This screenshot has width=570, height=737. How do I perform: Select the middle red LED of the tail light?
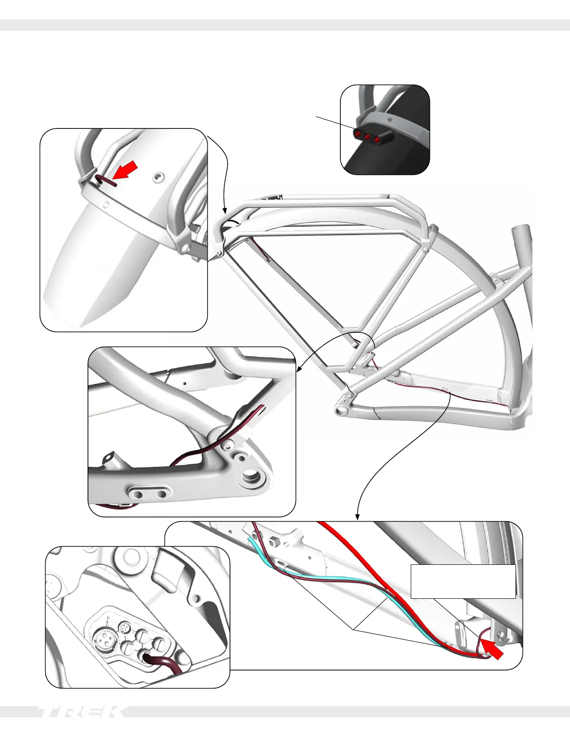coord(367,137)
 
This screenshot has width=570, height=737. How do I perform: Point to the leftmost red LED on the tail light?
coord(358,135)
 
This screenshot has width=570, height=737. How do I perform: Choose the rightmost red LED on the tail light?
coord(377,139)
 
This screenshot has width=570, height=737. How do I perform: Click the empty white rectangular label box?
coord(463,581)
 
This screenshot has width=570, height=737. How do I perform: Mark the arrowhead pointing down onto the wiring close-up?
coord(357,517)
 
